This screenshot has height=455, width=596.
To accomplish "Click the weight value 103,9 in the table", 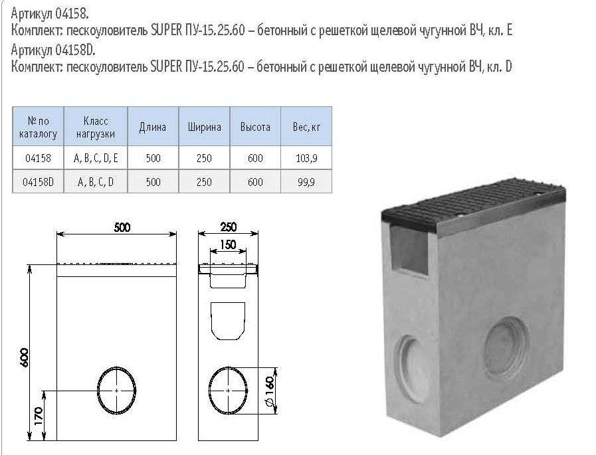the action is (x=306, y=157).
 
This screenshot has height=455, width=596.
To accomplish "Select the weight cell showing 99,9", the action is (x=306, y=182).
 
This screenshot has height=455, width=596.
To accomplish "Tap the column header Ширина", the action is (x=205, y=127).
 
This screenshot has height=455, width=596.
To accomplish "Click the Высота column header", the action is (x=255, y=127).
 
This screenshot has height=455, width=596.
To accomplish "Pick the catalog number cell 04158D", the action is (x=38, y=182).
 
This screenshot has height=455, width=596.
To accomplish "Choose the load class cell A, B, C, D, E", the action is (x=96, y=157).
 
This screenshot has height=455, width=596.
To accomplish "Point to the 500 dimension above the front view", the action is (x=122, y=227).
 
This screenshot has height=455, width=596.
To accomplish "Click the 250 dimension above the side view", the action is (x=228, y=227).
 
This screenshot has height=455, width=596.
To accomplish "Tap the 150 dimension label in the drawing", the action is (x=228, y=244).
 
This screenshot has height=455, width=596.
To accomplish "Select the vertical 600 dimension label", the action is (x=23, y=357).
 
